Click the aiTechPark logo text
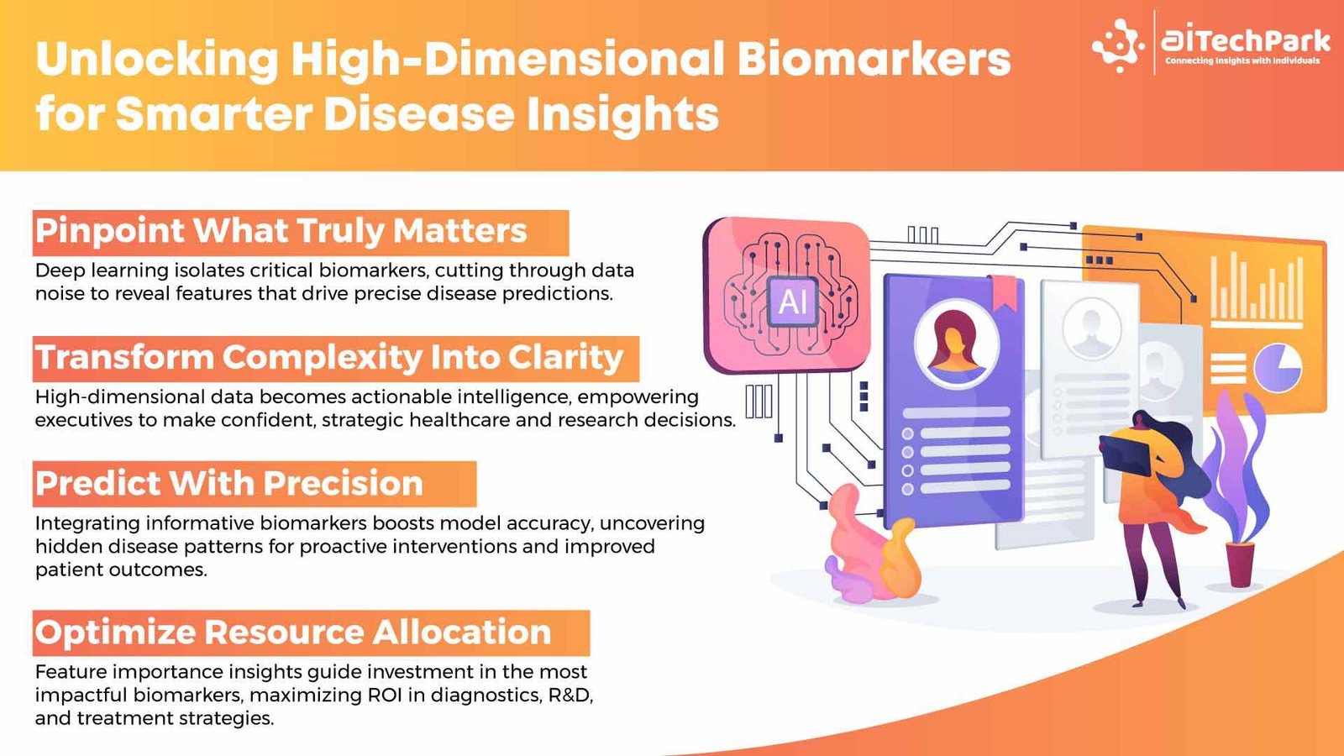[1246, 40]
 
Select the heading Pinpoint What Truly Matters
[281, 231]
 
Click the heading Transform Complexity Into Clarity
[329, 358]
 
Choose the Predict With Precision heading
[229, 484]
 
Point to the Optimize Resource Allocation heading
[293, 633]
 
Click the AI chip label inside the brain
[793, 302]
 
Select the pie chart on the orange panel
[1278, 368]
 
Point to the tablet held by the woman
[1126, 454]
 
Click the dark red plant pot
[1240, 564]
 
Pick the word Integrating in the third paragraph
[87, 523]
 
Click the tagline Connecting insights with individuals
[1242, 61]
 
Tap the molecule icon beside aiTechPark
[1119, 45]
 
